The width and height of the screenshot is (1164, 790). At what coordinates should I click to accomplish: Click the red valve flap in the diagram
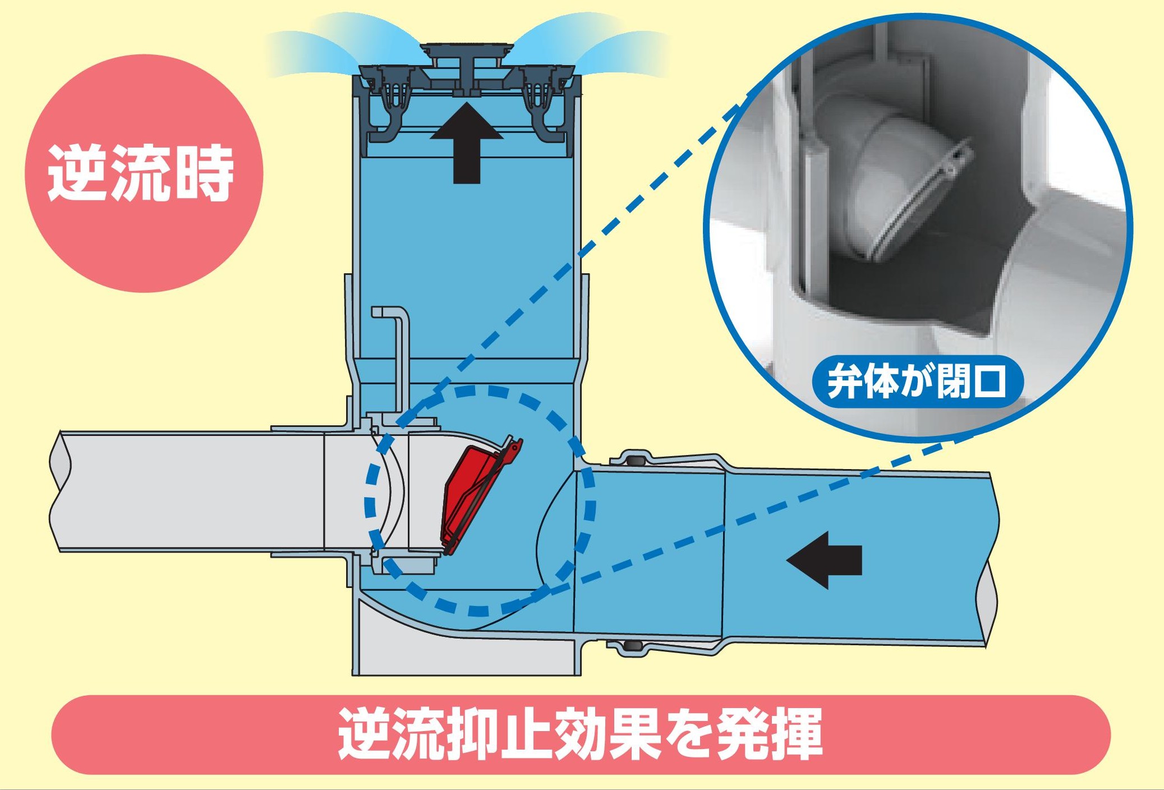tap(471, 494)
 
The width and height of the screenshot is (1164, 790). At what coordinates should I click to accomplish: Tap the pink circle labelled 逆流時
tap(144, 174)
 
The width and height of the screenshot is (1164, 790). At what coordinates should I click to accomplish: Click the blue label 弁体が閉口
tap(918, 382)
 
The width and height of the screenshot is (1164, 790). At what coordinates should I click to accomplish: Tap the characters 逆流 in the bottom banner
tap(393, 734)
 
